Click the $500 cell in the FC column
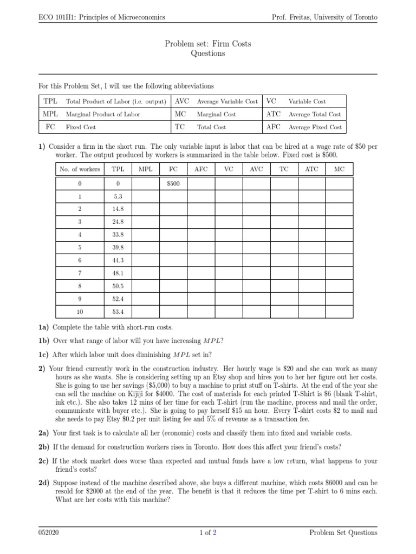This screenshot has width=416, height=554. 173,184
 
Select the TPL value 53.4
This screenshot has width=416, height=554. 118,312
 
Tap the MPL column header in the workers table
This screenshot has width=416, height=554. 145,169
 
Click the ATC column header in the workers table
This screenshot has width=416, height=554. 311,169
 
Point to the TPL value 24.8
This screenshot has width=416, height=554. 118,222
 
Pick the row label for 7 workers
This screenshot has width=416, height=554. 80,274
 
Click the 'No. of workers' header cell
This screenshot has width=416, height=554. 80,169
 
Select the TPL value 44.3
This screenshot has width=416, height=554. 118,261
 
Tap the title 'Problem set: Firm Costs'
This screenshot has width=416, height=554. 208,44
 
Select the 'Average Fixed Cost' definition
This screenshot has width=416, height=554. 315,127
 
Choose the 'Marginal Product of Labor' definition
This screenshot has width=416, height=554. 103,114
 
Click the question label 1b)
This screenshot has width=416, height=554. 44,340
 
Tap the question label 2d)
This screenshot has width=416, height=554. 44,482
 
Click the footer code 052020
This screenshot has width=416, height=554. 49,533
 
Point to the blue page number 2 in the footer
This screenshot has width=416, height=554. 214,533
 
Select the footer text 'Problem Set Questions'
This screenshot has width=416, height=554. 343,533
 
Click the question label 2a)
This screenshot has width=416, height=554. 44,433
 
